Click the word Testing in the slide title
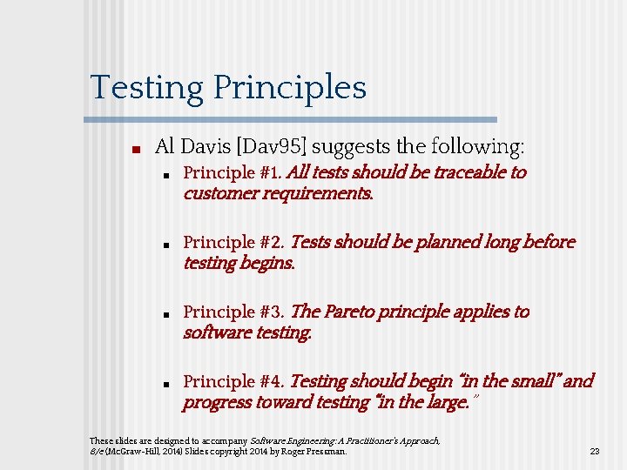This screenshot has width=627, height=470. point(147,87)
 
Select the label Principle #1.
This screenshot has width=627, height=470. point(233,172)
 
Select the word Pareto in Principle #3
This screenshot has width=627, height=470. point(356,312)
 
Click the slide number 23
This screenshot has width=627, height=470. point(595,451)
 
